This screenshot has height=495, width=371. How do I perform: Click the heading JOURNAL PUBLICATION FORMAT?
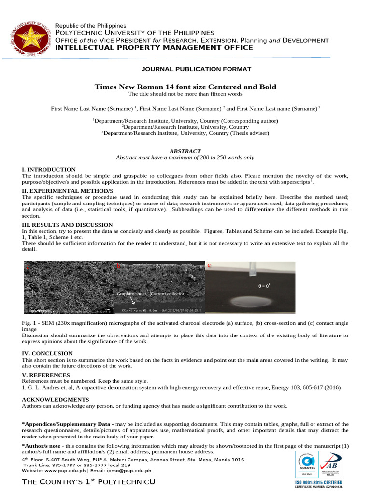(x=185, y=69)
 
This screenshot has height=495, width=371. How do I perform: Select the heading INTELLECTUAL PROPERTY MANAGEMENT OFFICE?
(x=154, y=47)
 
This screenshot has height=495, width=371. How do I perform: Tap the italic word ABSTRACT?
(x=185, y=151)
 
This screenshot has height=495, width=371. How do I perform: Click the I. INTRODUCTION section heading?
(x=49, y=169)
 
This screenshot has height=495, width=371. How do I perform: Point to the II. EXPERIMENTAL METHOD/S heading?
(x=67, y=191)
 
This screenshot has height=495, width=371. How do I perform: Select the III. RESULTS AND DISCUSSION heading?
(x=67, y=225)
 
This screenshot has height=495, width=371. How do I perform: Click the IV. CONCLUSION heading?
(x=47, y=353)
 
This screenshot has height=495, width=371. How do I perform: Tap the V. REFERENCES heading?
(x=46, y=375)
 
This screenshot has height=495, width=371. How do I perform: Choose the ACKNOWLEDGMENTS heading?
(x=56, y=400)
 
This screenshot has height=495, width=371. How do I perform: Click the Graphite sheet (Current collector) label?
(x=151, y=293)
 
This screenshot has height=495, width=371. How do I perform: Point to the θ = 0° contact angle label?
(x=264, y=286)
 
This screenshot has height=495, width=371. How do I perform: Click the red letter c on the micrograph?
(x=209, y=266)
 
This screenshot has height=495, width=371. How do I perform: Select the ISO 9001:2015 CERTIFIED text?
(x=319, y=482)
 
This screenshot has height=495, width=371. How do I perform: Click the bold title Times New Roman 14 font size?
(x=185, y=87)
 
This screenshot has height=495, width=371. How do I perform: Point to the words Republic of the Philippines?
(x=90, y=25)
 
